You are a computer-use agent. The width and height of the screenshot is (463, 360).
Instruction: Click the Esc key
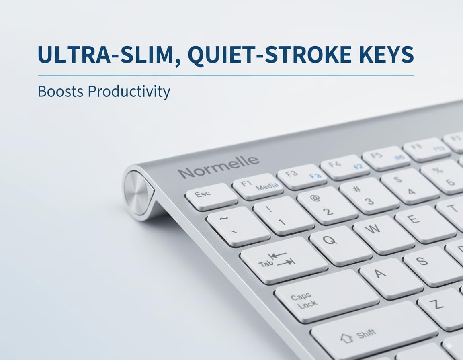[211, 196]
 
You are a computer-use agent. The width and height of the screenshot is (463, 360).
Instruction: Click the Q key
[340, 245]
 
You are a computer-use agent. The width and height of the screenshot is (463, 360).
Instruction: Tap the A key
[390, 278]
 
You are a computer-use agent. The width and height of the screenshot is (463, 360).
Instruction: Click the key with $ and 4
[410, 185]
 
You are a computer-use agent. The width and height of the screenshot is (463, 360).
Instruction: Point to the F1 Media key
[258, 186]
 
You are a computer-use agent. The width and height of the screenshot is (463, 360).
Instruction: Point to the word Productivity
[129, 92]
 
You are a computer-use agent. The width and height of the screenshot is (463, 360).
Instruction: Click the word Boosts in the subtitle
[61, 91]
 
